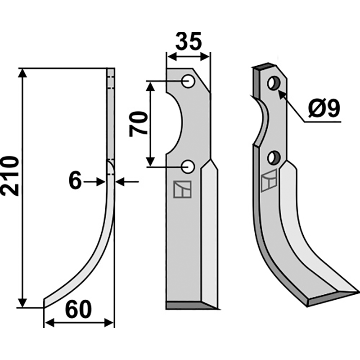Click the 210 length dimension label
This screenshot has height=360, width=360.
(x=9, y=176)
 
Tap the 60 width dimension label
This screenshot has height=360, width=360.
(x=78, y=310)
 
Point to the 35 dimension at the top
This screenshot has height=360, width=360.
(x=189, y=41)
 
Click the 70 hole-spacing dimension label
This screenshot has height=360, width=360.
(x=138, y=124)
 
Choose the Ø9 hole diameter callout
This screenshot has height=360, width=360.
(x=324, y=108)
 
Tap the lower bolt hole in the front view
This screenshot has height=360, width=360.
(x=188, y=167)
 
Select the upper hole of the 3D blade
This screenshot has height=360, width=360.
(x=274, y=83)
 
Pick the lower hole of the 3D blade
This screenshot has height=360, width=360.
(x=274, y=158)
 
